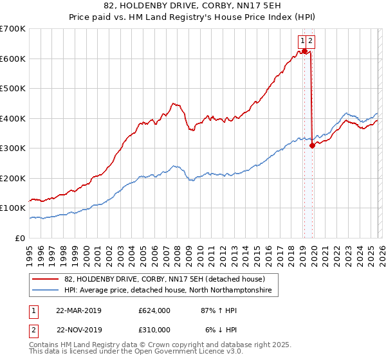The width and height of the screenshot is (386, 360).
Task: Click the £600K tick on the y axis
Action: point(13,59)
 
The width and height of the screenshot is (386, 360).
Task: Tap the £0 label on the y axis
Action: point(21,238)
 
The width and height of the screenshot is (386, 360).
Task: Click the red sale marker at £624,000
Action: point(304,51)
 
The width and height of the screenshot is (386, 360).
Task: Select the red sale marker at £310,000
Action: point(312,145)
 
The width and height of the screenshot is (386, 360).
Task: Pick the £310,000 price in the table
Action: point(154,329)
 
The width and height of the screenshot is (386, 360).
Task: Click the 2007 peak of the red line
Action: point(172,103)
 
